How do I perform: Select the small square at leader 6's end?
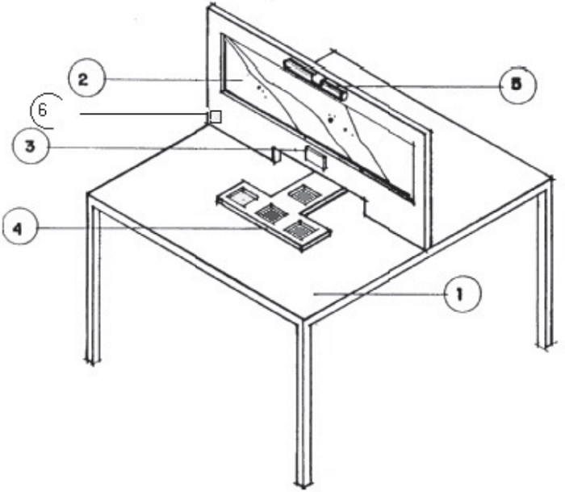click(216, 116)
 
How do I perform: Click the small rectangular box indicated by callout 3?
click(316, 156)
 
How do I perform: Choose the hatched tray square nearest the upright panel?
click(304, 194)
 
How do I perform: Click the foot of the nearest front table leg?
click(303, 481)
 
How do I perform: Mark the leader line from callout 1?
click(379, 295)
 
